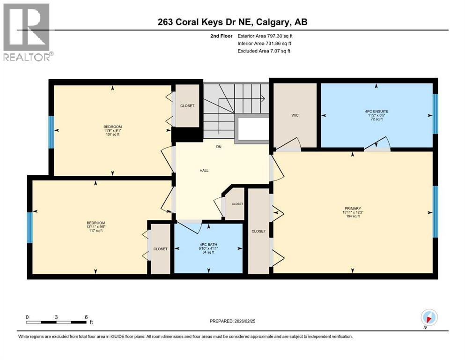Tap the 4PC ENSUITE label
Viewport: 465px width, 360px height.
click(x=376, y=112)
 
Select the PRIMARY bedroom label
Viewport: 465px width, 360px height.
click(x=353, y=208)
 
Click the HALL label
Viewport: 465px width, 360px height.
click(x=204, y=170)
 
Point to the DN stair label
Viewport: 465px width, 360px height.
click(x=218, y=147)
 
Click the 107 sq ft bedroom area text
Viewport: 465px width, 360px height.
click(x=112, y=135)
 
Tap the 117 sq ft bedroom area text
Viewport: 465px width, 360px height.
click(x=96, y=232)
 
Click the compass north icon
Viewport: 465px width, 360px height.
click(x=429, y=317)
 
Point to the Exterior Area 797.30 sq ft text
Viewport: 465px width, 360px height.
click(x=265, y=36)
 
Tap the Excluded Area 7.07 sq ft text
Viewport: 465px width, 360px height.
click(x=264, y=51)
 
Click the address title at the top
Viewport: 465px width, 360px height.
click(x=233, y=22)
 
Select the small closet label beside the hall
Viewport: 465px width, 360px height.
click(x=237, y=204)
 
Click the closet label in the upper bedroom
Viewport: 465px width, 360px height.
click(x=187, y=106)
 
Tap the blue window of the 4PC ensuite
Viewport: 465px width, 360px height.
click(x=435, y=114)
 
